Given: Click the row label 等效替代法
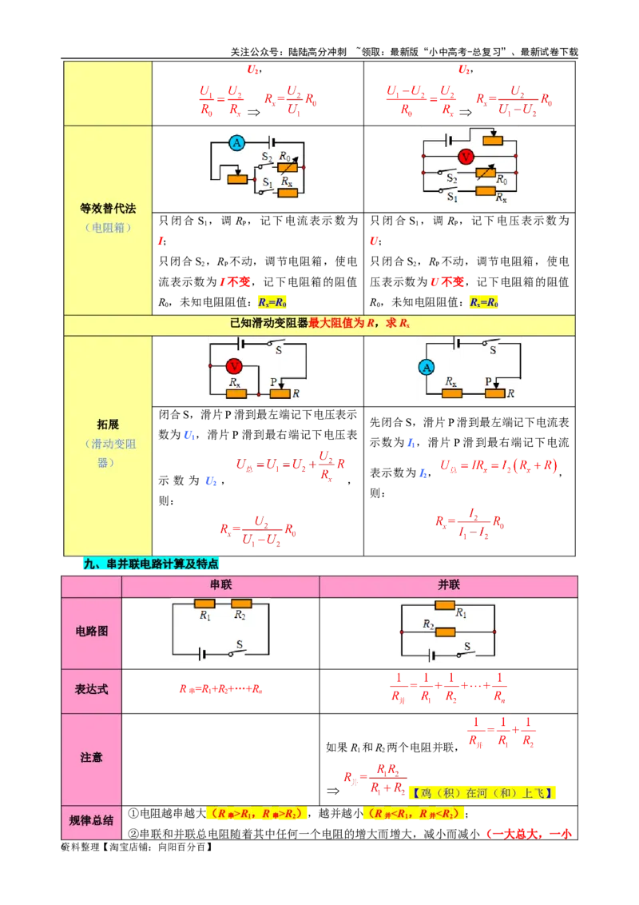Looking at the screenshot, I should click(108, 209).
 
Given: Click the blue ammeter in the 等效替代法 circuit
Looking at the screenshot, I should click(236, 143).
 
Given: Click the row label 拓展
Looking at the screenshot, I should click(108, 425).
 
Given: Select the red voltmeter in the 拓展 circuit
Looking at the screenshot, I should click(234, 365).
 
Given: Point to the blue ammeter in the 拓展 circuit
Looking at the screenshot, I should click(427, 367).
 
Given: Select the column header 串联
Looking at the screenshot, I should click(220, 585).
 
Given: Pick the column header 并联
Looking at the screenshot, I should click(448, 585).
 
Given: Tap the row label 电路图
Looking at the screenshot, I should click(92, 632).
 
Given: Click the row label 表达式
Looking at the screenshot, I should click(92, 689).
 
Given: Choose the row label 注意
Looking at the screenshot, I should click(92, 757).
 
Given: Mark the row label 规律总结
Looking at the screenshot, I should click(92, 821).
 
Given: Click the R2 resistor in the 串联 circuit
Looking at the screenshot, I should click(241, 604).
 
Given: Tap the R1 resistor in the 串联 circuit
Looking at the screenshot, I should click(204, 604).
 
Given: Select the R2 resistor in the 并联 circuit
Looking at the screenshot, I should click(445, 632).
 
